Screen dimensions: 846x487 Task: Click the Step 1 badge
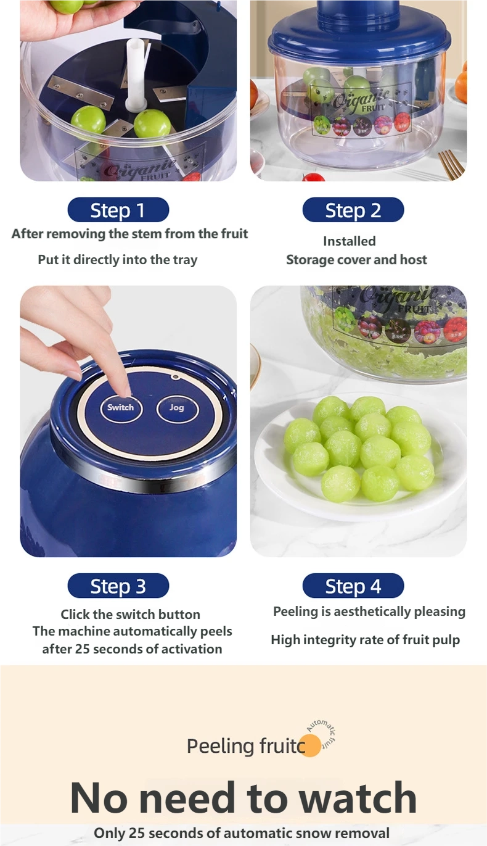click(x=118, y=210)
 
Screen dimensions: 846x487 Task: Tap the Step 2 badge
click(x=353, y=210)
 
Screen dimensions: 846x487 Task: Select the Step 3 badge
click(x=118, y=586)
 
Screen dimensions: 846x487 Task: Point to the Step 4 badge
click(x=353, y=586)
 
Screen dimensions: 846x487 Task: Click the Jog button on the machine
click(x=177, y=408)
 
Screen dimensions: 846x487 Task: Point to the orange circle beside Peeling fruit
click(x=310, y=745)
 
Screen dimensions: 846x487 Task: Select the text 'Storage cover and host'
click(x=356, y=260)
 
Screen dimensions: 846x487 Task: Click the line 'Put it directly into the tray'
click(x=118, y=260)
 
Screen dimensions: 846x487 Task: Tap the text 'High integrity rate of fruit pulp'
click(x=365, y=640)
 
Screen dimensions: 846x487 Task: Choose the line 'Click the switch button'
click(x=130, y=615)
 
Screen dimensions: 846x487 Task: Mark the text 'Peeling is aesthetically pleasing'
click(x=369, y=612)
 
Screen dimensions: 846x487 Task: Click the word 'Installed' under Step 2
click(x=349, y=241)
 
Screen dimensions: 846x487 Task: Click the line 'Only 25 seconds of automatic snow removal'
click(x=242, y=833)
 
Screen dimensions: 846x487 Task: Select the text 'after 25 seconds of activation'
click(x=132, y=649)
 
